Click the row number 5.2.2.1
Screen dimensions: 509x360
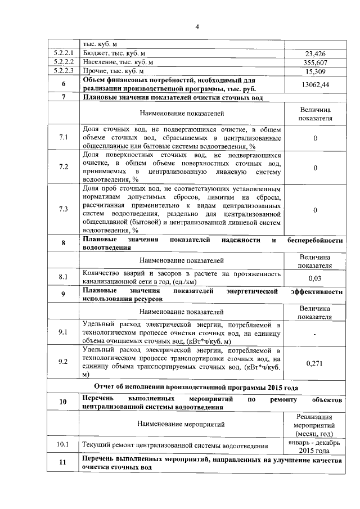pos(64,53)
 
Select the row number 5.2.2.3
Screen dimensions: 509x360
pos(64,71)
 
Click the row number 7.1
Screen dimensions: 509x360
pos(64,137)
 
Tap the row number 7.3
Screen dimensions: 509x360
pos(64,209)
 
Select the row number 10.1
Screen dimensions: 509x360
pos(64,445)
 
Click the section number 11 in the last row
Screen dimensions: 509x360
pos(64,464)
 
